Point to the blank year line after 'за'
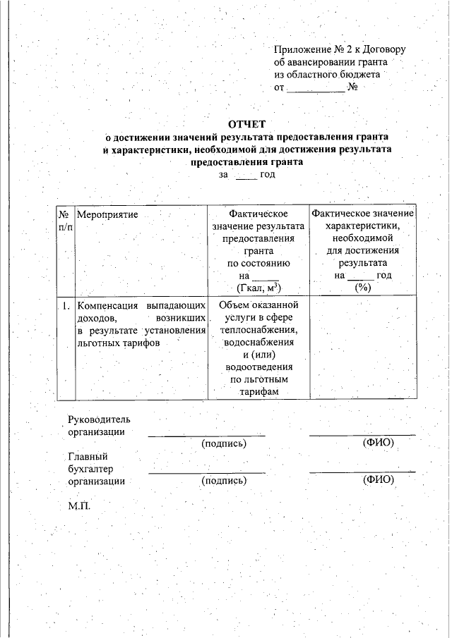246,174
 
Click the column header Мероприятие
107,212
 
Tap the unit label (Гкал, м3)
258,288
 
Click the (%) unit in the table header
362,288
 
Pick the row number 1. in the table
64,306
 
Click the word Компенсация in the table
106,306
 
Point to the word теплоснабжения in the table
258,330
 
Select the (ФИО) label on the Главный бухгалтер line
378,480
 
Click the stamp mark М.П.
79,506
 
